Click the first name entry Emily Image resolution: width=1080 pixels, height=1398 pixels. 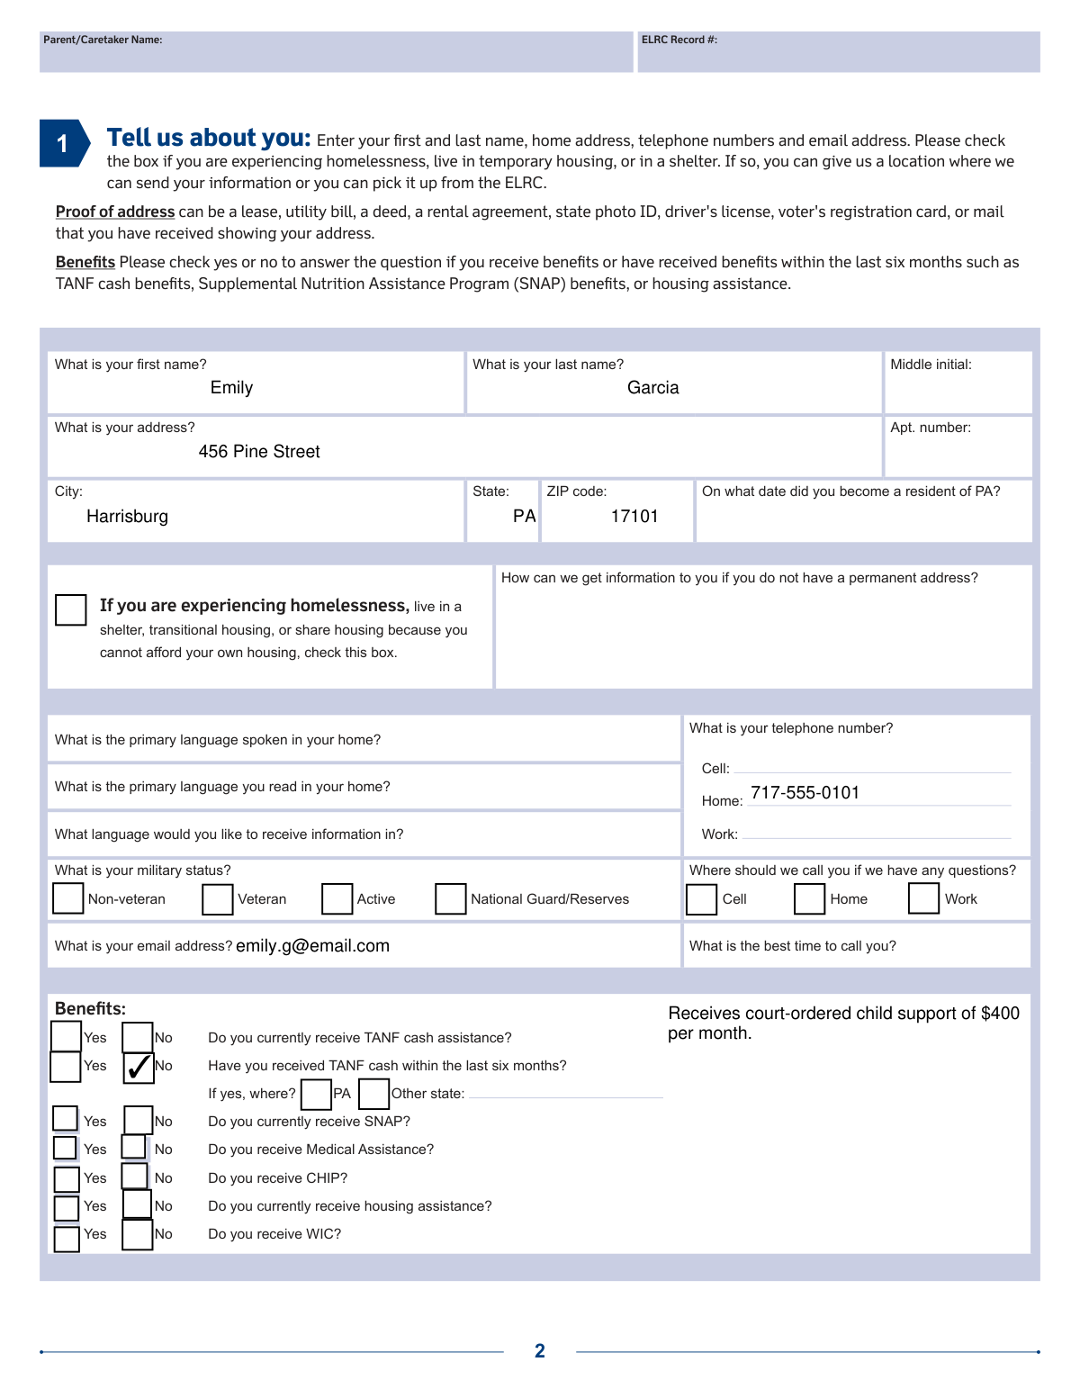point(231,388)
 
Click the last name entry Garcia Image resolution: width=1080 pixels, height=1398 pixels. point(652,388)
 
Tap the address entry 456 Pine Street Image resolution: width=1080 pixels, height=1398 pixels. point(259,452)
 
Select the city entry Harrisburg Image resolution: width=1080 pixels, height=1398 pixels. point(127,517)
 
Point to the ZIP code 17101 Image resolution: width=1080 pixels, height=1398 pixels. point(634,517)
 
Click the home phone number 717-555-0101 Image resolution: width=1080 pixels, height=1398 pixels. point(805,793)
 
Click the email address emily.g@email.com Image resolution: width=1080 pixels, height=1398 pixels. point(312,946)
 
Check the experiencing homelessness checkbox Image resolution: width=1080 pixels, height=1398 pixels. point(71,609)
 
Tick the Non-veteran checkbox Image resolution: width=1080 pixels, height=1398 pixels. point(68,898)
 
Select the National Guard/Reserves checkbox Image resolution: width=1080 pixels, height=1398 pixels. point(450,898)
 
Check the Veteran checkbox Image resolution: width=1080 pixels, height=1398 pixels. point(218,898)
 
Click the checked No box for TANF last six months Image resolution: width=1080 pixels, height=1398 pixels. point(138,1067)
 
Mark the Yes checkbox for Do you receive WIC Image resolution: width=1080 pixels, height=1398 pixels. point(67,1238)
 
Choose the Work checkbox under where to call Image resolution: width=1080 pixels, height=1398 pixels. point(923,898)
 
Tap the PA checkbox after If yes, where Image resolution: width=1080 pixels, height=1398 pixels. point(316,1095)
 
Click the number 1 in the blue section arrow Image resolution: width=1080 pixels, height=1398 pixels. point(62,144)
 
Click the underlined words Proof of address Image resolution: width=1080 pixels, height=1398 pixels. point(115,212)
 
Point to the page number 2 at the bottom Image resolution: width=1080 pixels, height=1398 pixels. point(540,1350)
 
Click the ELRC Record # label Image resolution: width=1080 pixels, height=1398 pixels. point(679,40)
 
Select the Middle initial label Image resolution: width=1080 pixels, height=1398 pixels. point(931,365)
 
